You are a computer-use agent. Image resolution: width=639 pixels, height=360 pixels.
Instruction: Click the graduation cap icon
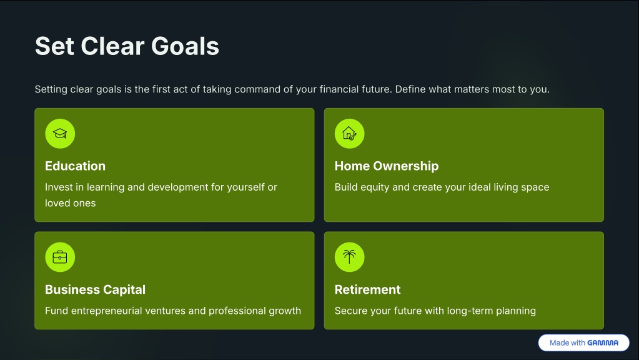[x=60, y=133]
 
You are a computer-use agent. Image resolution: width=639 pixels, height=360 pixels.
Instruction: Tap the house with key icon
[x=349, y=133]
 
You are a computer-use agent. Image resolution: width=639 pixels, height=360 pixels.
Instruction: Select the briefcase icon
[x=60, y=257]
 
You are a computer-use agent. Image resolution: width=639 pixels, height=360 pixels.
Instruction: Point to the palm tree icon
[x=349, y=257]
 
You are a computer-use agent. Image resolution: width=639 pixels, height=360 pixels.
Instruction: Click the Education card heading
[x=76, y=166]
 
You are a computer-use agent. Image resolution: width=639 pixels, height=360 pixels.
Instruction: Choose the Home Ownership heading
[x=387, y=166]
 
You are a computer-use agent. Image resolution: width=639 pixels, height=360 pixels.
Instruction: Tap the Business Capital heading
[x=96, y=289]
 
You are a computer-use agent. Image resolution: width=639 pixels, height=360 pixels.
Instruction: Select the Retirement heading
[x=367, y=289]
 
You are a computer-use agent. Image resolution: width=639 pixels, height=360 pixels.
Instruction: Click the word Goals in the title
[x=185, y=46]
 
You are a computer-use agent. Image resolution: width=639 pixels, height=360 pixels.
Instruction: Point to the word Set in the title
[x=54, y=46]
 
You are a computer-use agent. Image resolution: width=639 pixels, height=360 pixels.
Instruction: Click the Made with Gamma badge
[x=583, y=343]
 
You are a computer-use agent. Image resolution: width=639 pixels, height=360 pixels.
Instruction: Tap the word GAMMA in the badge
[x=603, y=343]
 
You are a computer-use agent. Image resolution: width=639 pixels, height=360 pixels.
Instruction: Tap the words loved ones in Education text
[x=71, y=203]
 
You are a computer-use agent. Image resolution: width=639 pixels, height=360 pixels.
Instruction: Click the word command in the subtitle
[x=257, y=89]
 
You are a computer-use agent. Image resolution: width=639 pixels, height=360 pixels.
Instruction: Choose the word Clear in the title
[x=113, y=46]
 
